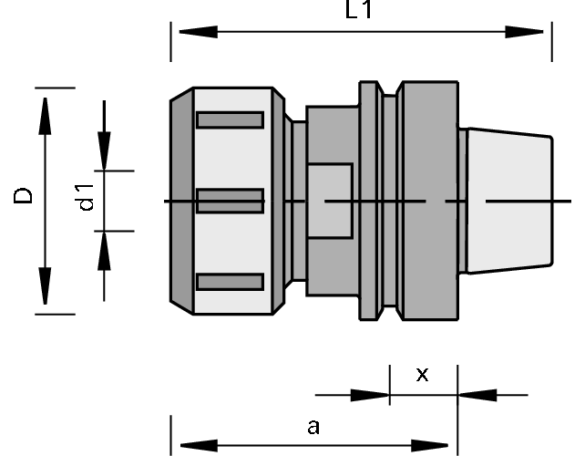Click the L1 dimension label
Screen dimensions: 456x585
click(360, 10)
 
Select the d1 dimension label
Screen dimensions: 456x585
click(86, 198)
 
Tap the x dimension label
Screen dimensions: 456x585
click(422, 374)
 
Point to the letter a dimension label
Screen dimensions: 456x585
click(313, 425)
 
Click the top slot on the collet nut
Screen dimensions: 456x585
click(230, 119)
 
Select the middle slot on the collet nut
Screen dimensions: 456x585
click(230, 201)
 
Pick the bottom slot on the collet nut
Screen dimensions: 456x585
click(230, 282)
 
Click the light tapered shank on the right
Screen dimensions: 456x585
click(507, 201)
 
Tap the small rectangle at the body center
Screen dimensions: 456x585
click(330, 201)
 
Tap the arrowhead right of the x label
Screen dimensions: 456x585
click(475, 395)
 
